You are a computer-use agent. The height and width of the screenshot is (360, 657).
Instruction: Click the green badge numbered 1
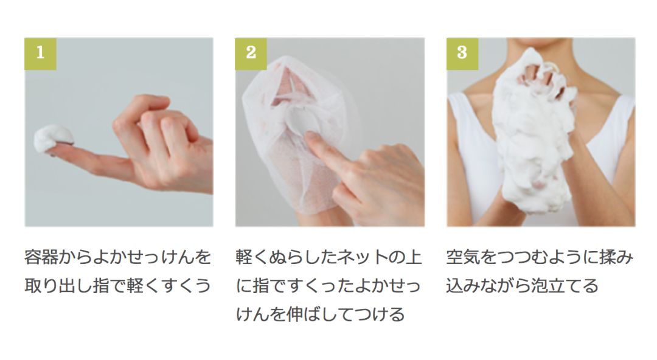(x=40, y=53)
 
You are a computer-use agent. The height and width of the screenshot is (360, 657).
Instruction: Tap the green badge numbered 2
(x=251, y=53)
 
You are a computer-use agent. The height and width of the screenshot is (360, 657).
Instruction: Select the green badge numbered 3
(x=462, y=53)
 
